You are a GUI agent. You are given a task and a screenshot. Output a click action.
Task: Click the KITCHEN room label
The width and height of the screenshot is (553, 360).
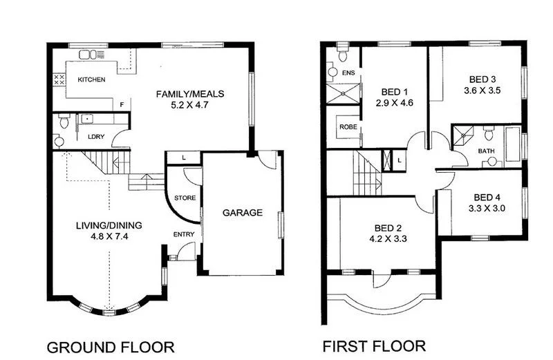91,80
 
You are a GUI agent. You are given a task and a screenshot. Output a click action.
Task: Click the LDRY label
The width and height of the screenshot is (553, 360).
95,136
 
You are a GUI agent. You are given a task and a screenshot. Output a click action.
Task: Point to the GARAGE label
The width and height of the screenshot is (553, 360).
242,213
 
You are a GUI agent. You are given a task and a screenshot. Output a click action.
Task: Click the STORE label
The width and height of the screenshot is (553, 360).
185,198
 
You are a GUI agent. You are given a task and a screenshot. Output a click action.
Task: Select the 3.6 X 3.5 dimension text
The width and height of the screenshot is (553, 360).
482,90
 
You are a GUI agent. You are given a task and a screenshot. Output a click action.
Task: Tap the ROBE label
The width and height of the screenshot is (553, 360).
346,128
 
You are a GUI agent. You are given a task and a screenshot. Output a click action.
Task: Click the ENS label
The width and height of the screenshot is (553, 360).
348,73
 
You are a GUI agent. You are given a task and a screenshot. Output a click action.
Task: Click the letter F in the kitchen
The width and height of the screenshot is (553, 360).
122,104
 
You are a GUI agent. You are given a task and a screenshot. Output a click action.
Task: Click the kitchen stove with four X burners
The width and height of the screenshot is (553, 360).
59,80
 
